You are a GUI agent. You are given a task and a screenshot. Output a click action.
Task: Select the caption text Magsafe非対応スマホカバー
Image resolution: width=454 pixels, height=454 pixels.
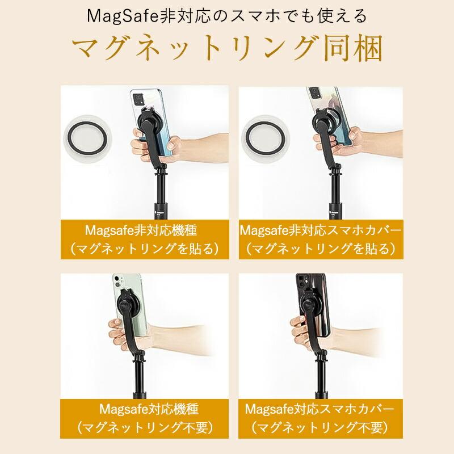coord(321,232)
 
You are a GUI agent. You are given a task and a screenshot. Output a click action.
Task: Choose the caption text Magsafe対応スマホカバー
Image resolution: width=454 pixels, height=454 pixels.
coord(321,409)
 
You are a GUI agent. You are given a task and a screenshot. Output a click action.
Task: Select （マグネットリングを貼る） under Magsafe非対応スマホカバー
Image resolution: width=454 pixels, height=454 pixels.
coord(321,249)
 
